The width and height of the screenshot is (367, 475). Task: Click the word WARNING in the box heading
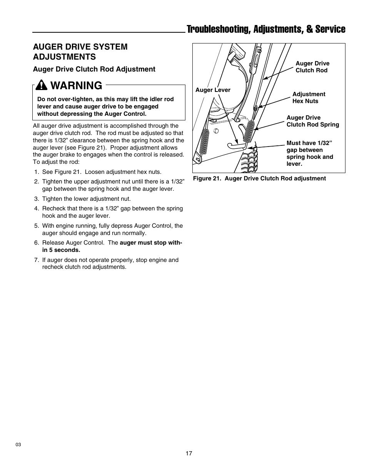[76, 85]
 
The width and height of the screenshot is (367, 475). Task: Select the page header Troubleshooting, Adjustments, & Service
[266, 29]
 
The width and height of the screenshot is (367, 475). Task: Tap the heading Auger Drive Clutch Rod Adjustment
[94, 69]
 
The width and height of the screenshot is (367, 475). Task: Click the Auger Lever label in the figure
[213, 90]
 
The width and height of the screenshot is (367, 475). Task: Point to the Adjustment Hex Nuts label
[309, 98]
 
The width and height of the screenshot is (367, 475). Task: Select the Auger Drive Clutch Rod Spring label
[312, 121]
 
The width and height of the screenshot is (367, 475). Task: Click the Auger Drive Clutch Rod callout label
[312, 67]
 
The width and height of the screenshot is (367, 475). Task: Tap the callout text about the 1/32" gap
[310, 153]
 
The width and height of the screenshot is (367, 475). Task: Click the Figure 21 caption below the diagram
[259, 178]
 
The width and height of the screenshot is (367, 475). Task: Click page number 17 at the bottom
[189, 453]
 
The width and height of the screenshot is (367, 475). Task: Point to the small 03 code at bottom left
[18, 445]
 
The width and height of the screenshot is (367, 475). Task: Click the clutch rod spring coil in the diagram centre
[250, 131]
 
